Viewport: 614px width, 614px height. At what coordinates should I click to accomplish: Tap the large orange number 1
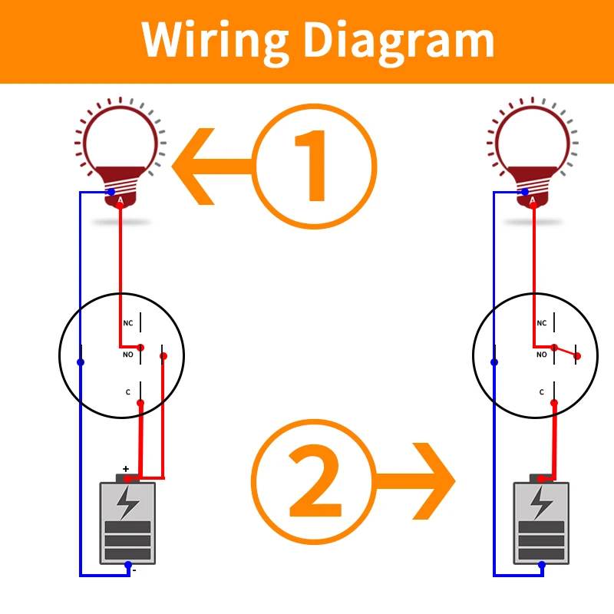pyautogui.click(x=315, y=165)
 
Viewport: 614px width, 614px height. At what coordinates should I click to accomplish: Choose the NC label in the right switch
pyautogui.click(x=541, y=323)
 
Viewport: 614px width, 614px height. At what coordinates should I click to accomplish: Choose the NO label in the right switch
pyautogui.click(x=541, y=355)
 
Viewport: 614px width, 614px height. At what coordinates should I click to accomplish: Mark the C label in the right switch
pyautogui.click(x=541, y=392)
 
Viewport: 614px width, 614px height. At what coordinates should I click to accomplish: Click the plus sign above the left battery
pyautogui.click(x=125, y=468)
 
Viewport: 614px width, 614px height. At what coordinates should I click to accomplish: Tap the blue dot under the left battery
pyautogui.click(x=127, y=565)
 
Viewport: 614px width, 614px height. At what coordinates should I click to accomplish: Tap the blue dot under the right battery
pyautogui.click(x=541, y=565)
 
